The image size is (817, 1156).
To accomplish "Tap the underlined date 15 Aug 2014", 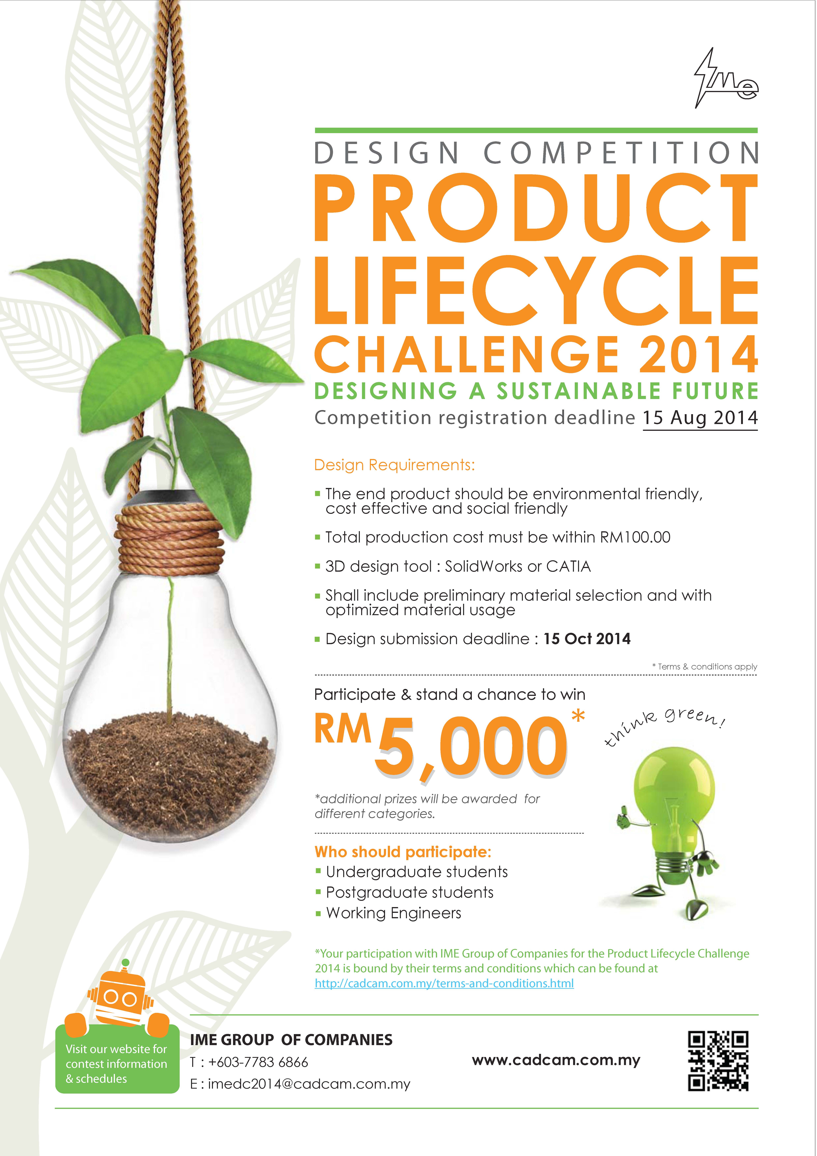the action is (700, 418).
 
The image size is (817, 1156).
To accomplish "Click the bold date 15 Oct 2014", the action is (587, 639).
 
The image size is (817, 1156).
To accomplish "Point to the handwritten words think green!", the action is (665, 725).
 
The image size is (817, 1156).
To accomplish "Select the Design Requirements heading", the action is (394, 465).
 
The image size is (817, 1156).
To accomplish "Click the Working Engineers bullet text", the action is (394, 913).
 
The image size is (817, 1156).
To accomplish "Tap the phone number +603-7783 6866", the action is (258, 1062).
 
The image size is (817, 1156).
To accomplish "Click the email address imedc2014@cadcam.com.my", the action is (309, 1084).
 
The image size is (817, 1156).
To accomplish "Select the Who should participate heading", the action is (403, 852).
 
